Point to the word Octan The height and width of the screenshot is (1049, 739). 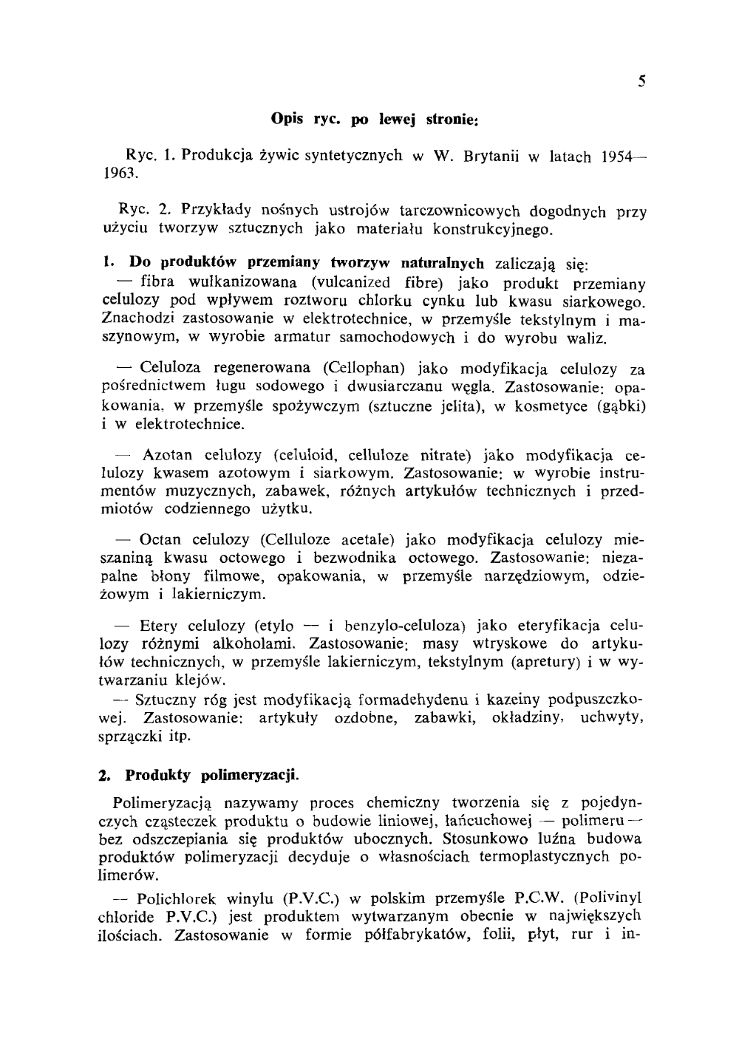click(x=160, y=540)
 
